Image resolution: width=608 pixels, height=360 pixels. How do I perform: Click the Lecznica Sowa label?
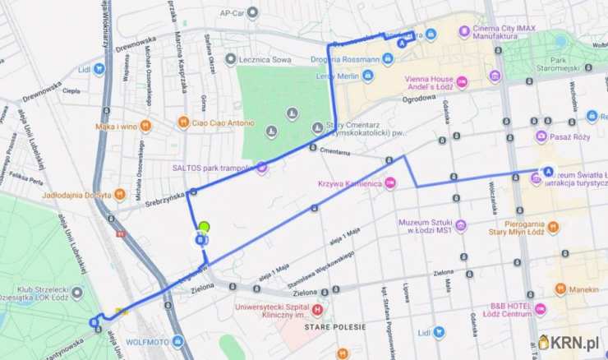[265, 59]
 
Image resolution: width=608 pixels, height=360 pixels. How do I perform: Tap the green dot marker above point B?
[204, 226]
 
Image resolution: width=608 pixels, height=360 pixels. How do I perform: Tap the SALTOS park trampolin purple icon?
[262, 168]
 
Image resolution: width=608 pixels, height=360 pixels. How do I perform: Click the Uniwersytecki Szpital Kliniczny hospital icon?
[317, 310]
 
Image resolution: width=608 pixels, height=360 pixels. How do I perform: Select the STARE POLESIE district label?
[335, 326]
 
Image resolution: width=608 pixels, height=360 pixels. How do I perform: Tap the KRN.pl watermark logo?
[572, 342]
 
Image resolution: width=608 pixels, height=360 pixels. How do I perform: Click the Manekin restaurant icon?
[560, 288]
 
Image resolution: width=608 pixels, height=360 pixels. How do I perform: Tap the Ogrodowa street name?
[417, 98]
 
